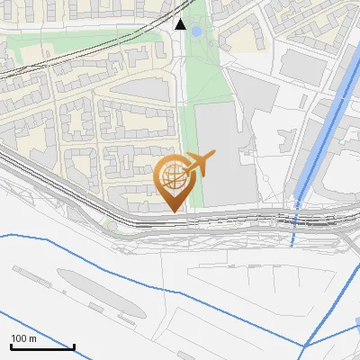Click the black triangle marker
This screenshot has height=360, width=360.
pos(180,24)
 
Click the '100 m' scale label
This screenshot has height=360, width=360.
pos(23,338)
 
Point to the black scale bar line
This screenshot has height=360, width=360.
pos(41,346)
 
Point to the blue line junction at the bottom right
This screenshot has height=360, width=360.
pos(306,345)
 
